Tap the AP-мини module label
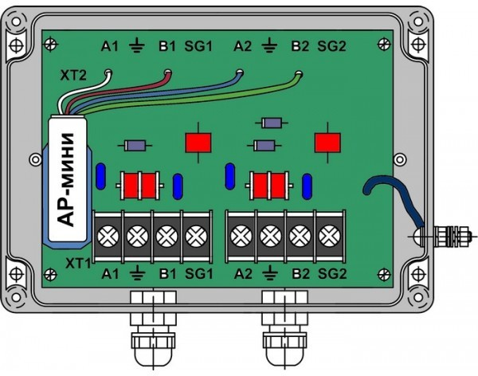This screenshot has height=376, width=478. click(x=73, y=179)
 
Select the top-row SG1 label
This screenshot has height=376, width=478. click(x=200, y=45)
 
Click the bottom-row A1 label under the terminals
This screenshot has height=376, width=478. click(x=109, y=275)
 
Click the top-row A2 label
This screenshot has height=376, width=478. click(x=243, y=45)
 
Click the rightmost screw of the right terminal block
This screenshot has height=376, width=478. click(x=327, y=236)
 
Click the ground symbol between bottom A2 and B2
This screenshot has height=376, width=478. click(x=272, y=276)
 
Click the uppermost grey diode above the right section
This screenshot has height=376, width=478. click(x=272, y=123)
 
